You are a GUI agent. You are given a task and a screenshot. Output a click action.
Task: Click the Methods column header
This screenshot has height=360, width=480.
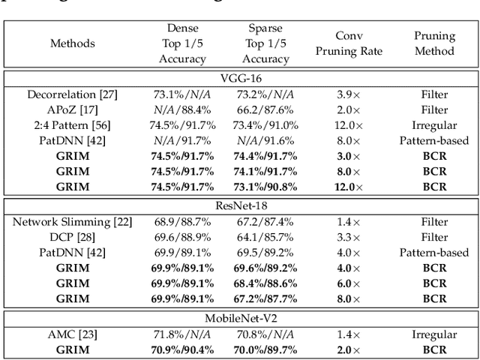coord(73,43)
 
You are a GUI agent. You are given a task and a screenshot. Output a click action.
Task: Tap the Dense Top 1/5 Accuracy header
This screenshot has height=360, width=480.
coord(182,43)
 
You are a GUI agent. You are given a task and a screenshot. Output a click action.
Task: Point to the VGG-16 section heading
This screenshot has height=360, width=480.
coord(241,79)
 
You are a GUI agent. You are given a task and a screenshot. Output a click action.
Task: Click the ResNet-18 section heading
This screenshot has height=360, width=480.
coord(241,205)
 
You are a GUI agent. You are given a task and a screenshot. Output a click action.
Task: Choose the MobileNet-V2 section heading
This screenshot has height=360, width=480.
coord(241,317)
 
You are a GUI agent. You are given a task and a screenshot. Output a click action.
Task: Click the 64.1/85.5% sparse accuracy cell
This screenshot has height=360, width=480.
coord(265,237)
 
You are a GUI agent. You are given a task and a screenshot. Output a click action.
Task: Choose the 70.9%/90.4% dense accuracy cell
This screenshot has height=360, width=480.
coord(182,349)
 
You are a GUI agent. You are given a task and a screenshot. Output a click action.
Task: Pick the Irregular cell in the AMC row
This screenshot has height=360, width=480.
coord(435,334)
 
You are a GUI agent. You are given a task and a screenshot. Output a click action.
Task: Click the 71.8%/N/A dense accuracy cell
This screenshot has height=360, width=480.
coord(182,334)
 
